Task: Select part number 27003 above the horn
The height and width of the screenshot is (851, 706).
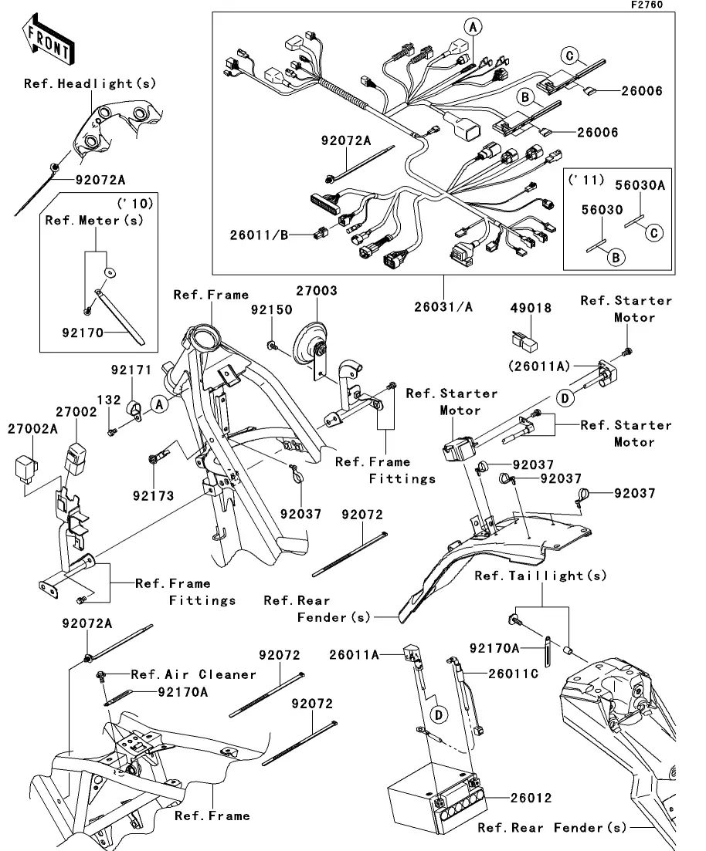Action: [x=316, y=292]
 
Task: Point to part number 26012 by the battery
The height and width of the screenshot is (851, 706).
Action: [x=532, y=798]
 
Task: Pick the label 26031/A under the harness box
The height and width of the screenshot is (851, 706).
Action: [x=443, y=306]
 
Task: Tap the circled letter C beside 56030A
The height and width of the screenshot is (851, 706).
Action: [x=654, y=230]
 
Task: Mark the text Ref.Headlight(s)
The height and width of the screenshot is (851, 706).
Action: [x=90, y=83]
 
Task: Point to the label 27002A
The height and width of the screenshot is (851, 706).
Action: [x=32, y=428]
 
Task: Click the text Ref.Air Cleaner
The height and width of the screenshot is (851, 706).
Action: [x=193, y=674]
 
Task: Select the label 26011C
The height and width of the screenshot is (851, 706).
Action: [x=513, y=673]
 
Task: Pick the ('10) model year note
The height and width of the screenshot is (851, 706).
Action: [x=135, y=204]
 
